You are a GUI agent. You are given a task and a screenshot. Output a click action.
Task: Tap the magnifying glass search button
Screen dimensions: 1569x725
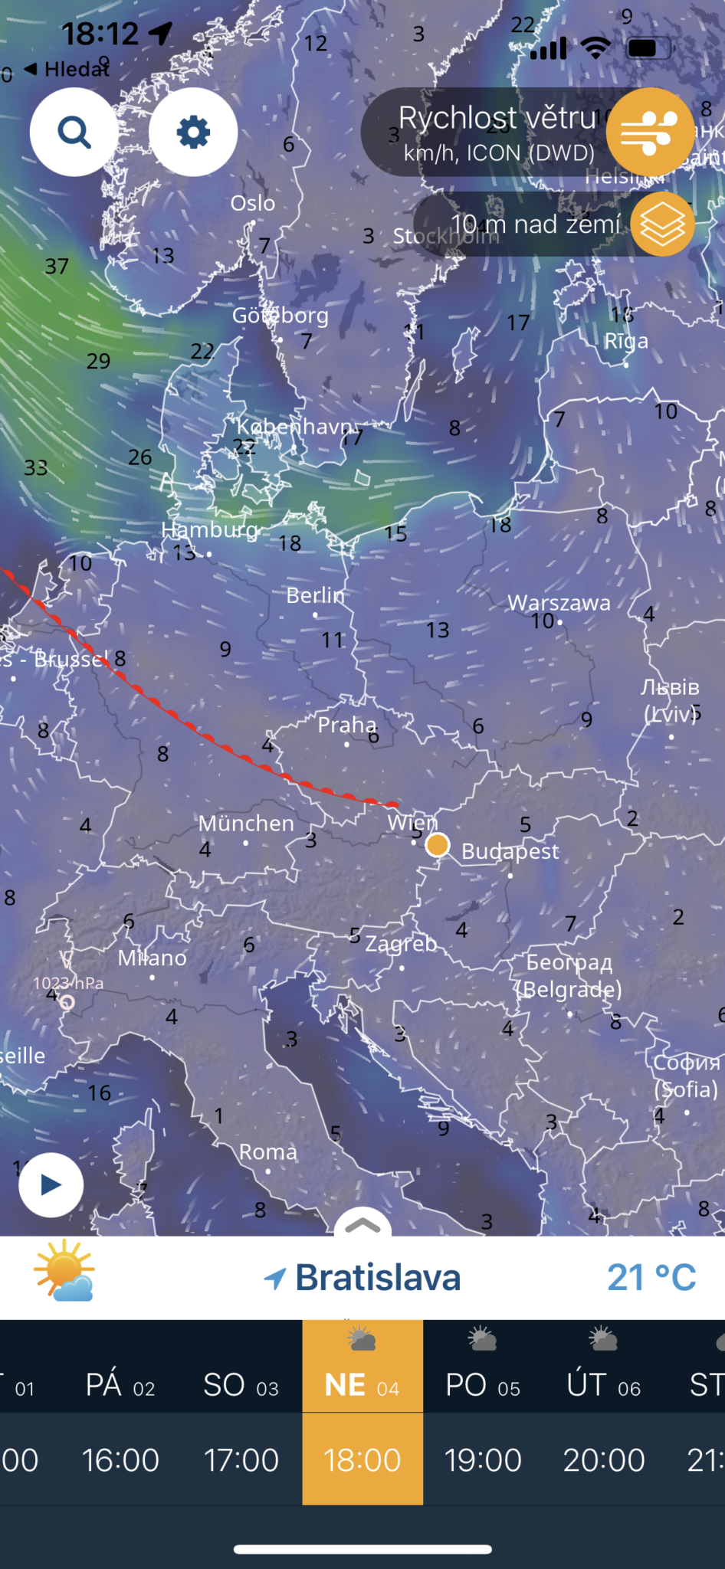pos(74,132)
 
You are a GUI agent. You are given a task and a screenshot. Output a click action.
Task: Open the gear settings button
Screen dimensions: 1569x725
pos(193,132)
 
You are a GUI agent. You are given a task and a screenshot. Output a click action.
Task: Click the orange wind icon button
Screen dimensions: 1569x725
pos(650,132)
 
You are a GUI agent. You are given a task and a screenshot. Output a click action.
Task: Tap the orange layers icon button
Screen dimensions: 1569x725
pos(662,224)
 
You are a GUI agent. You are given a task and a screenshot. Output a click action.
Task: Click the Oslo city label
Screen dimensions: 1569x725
pos(253,203)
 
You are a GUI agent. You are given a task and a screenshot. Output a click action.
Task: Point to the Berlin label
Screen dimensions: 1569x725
pos(315,595)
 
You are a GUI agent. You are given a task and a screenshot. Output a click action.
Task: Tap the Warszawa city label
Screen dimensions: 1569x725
pos(559,603)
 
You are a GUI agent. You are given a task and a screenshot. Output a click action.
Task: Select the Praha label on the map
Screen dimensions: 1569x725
pos(347,725)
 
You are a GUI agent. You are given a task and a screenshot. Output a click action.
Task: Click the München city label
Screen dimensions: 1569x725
pos(246,824)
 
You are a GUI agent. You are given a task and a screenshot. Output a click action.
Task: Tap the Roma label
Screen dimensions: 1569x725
pos(267,1152)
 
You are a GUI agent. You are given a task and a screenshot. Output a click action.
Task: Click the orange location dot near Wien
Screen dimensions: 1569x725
pos(437,845)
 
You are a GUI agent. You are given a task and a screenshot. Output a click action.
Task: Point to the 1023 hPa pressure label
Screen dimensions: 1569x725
pos(68,983)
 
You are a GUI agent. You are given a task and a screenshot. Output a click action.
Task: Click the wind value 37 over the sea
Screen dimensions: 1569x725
pos(57,267)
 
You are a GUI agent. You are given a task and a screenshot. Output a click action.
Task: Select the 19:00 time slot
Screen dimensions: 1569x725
pos(483,1460)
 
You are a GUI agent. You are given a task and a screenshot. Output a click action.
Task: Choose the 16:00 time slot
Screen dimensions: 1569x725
pos(121,1460)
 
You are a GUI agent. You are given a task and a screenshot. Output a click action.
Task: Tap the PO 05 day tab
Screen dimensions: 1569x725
pos(483,1385)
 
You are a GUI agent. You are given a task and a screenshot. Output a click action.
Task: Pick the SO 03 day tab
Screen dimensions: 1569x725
pos(241,1385)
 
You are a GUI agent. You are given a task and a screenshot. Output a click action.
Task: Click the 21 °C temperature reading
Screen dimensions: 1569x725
pos(651,1277)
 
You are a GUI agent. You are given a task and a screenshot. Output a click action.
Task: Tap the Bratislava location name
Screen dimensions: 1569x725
pos(378,1277)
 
